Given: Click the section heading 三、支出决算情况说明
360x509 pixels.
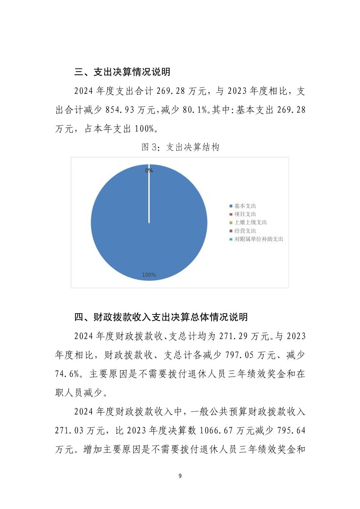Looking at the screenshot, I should tap(122, 72).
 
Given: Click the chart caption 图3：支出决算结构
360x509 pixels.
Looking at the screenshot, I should tap(180, 147).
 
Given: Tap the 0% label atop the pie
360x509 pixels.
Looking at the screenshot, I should tap(149, 170).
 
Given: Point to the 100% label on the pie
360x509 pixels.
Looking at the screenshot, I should tap(149, 275).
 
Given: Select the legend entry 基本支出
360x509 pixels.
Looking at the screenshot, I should tap(244, 206).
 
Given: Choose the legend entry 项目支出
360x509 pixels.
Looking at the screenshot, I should tap(244, 214).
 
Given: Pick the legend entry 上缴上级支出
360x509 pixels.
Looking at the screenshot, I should tap(250, 222).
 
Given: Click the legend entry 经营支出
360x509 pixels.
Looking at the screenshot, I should tap(244, 231).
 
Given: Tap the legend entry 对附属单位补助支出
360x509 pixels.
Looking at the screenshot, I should tap(258, 239).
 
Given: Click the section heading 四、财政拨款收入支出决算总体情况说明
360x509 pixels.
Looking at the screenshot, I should tap(161, 317).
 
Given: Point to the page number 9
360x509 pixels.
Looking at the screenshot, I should tap(180, 476).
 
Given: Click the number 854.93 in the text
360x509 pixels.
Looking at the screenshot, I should tap(120, 110).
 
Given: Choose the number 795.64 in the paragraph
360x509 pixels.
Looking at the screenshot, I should tap(291, 430).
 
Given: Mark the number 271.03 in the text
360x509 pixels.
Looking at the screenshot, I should tap(69, 430).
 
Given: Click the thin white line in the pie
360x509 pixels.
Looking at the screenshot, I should tap(149, 198).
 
